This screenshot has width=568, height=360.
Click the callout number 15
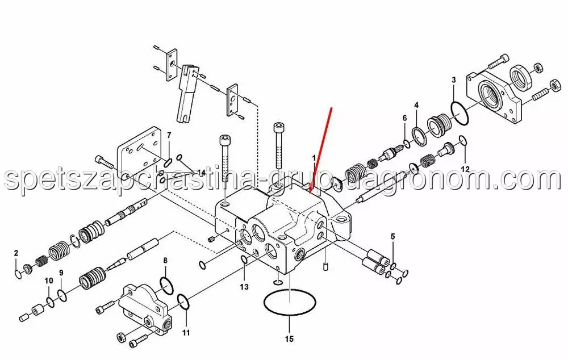[289, 339]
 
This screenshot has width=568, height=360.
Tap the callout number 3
[453, 80]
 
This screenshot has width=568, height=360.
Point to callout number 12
[465, 169]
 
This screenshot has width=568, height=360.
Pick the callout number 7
[169, 136]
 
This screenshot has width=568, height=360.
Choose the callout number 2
[16, 253]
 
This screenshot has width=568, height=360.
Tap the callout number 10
[48, 281]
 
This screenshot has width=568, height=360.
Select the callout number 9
[61, 273]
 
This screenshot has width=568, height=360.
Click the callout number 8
[165, 261]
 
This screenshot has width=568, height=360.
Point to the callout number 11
[186, 332]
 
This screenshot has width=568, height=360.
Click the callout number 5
[392, 237]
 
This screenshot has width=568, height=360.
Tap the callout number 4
[416, 106]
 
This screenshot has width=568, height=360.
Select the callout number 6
[404, 118]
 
